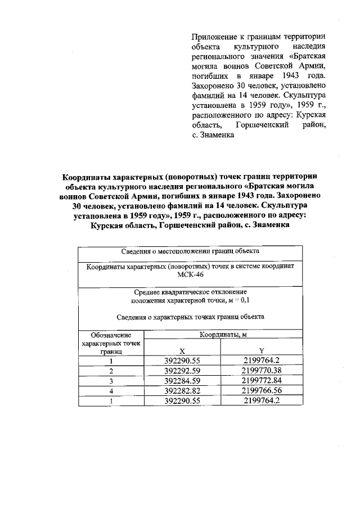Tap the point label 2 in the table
[x=111, y=371]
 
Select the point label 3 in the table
[x=111, y=381]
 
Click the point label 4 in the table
[x=111, y=391]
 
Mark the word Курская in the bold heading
[x=110, y=226]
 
